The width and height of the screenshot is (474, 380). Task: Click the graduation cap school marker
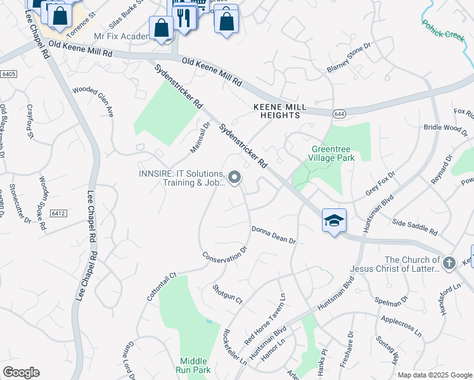[x=334, y=220]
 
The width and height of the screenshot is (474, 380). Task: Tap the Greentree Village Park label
[x=332, y=154]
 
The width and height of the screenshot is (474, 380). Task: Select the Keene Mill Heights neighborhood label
[x=276, y=111]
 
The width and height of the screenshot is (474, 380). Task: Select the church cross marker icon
[x=449, y=262]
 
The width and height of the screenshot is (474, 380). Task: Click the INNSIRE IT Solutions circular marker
[x=235, y=178]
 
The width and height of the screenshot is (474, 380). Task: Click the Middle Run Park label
[x=195, y=365]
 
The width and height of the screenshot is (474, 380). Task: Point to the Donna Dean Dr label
[x=274, y=235]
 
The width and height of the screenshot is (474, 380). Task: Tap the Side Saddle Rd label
[x=415, y=227]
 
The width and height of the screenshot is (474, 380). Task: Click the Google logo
[x=21, y=372]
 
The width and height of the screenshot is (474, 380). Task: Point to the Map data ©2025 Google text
[x=434, y=375]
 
